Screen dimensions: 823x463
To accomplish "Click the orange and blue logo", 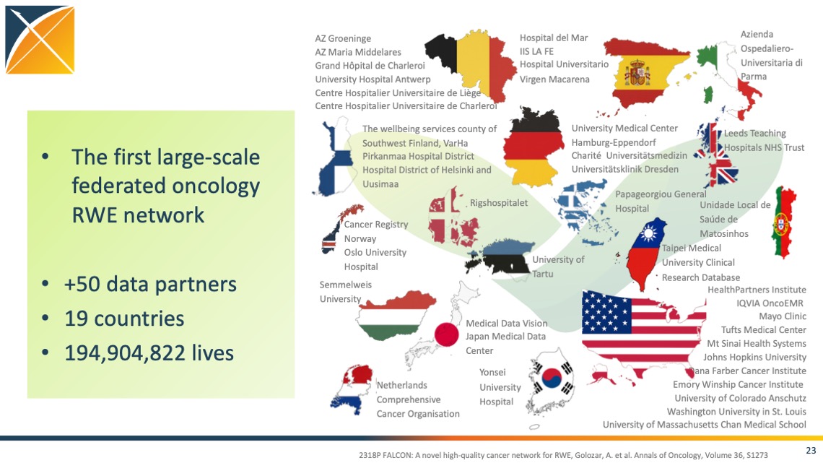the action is point(40,40).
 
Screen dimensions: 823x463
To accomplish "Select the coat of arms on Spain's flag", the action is point(637,73).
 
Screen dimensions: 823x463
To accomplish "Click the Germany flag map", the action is point(534,147).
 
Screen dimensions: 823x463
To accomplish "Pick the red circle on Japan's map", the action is point(447,334).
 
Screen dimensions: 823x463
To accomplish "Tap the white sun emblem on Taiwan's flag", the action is point(649,233).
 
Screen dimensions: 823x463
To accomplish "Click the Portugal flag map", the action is point(783,222).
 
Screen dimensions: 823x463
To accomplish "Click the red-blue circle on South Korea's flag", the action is point(552,378).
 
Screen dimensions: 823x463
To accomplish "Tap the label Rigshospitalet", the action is point(499,203).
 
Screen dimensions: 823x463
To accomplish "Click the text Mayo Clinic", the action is point(782,316).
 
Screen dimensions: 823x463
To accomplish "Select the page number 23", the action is point(811,451).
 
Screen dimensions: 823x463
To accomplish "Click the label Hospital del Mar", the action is point(554,38).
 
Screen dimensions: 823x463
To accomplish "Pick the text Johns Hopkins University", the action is point(754,357).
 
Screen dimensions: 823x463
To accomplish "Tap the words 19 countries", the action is point(124,319).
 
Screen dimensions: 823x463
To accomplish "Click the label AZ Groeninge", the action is point(343,39).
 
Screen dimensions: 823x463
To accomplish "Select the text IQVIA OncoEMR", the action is point(770,303).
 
